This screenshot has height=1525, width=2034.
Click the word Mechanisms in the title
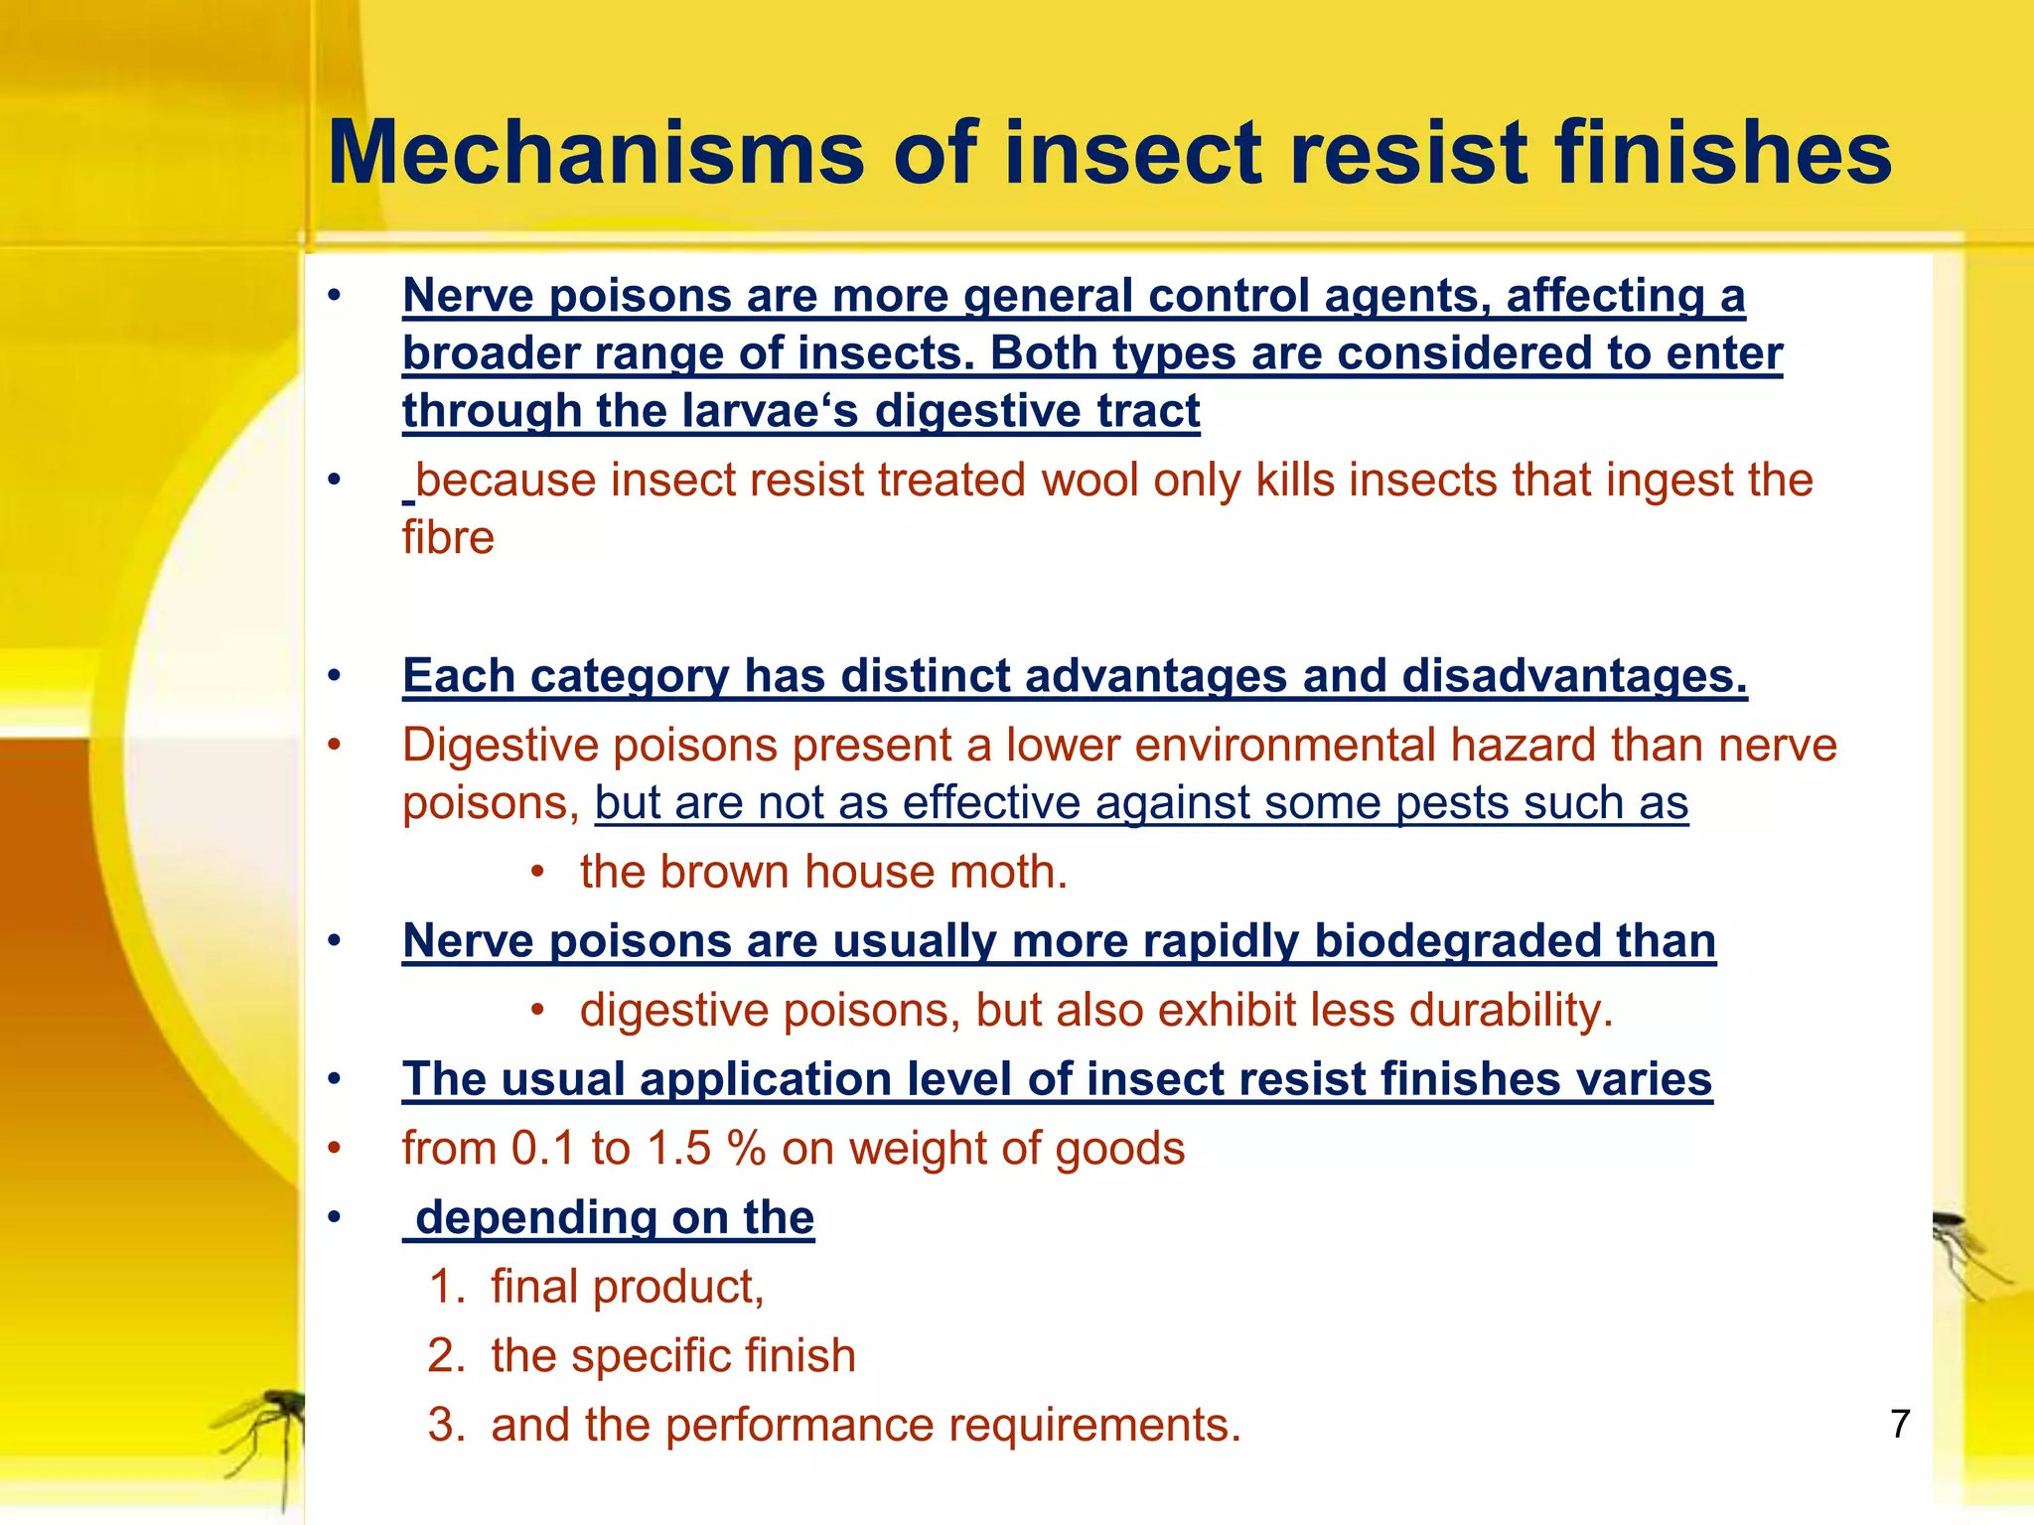(x=596, y=154)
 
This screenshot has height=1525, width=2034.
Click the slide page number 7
(x=1900, y=1424)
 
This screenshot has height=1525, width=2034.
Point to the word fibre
(x=448, y=538)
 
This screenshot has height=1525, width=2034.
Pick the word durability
(x=1510, y=1011)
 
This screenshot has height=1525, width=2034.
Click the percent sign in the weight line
(x=746, y=1149)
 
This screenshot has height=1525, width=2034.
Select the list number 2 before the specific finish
(x=443, y=1356)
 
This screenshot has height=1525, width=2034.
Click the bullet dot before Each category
(x=335, y=676)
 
